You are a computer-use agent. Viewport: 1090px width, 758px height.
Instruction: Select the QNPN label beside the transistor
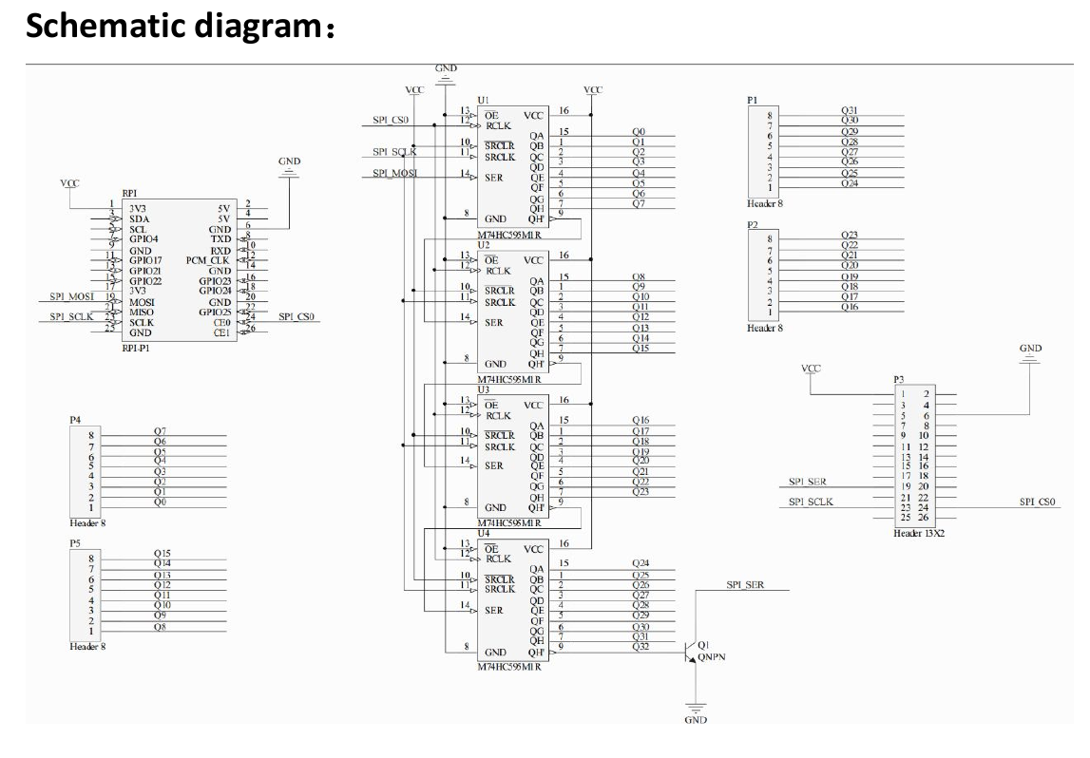pyautogui.click(x=712, y=655)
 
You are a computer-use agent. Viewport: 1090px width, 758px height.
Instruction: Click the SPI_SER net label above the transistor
pyautogui.click(x=745, y=585)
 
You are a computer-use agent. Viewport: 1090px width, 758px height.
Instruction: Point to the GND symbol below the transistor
pyautogui.click(x=696, y=711)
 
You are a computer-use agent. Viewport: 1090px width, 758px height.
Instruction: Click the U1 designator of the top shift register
pyautogui.click(x=483, y=100)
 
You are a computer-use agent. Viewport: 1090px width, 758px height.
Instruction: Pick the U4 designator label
pyautogui.click(x=483, y=533)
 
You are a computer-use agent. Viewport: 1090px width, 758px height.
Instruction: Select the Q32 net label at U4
pyautogui.click(x=641, y=647)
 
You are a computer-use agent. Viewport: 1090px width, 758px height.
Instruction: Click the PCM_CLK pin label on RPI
pyautogui.click(x=208, y=260)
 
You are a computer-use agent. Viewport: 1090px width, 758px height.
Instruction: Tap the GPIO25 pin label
pyautogui.click(x=214, y=313)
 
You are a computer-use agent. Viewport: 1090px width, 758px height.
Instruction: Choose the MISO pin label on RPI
pyautogui.click(x=142, y=313)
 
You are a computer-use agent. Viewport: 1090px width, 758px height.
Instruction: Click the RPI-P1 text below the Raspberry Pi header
pyautogui.click(x=136, y=349)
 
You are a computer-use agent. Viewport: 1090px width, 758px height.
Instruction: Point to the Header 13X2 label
pyautogui.click(x=918, y=534)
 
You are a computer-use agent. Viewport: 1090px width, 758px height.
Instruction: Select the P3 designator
pyautogui.click(x=899, y=379)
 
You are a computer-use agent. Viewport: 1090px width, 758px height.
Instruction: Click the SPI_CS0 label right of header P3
pyautogui.click(x=1038, y=502)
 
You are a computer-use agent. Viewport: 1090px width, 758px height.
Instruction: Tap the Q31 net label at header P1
pyautogui.click(x=850, y=110)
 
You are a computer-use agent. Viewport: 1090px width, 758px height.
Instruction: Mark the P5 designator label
pyautogui.click(x=75, y=541)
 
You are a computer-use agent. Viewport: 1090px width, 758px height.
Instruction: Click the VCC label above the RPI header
pyautogui.click(x=69, y=182)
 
